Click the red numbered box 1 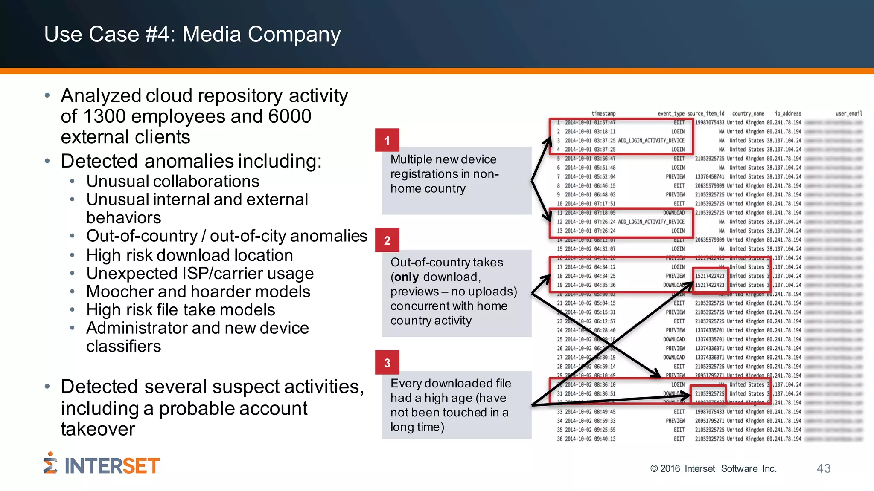click(x=387, y=140)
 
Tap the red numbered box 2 click(x=387, y=240)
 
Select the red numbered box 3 click(x=387, y=362)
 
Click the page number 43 click(x=823, y=468)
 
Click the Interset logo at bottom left click(x=102, y=465)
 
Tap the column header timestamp click(x=603, y=113)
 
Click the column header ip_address click(x=788, y=113)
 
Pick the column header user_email click(x=848, y=113)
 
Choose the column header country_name click(x=748, y=113)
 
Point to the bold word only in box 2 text click(x=406, y=277)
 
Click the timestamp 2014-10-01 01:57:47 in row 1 click(x=590, y=123)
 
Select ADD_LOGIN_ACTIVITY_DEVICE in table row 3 click(x=651, y=141)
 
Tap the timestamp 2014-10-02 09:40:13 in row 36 click(x=590, y=439)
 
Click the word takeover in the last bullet click(x=98, y=429)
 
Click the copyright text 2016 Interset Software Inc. click(x=713, y=468)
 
